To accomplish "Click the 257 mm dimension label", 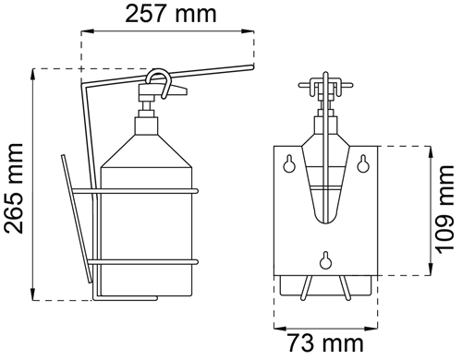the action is pyautogui.click(x=171, y=14).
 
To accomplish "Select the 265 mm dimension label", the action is pyautogui.click(x=14, y=188).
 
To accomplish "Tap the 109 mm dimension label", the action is pyautogui.click(x=445, y=210).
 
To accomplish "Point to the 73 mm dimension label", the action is pyautogui.click(x=326, y=343).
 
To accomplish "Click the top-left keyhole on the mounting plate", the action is pyautogui.click(x=289, y=164).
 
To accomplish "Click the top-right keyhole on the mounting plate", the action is pyautogui.click(x=363, y=164).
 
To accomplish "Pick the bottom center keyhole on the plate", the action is pyautogui.click(x=325, y=260).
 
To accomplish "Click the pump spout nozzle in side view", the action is pyautogui.click(x=179, y=90).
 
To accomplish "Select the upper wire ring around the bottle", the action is pyautogui.click(x=135, y=191).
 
